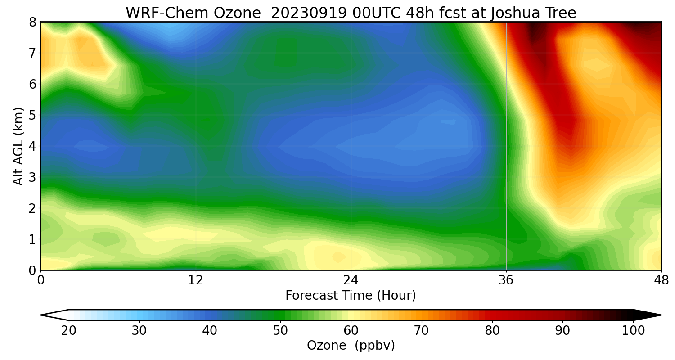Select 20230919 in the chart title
coord(309,13)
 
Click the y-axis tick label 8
coord(32,22)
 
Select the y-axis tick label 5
coord(32,115)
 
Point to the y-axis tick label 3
coord(32,177)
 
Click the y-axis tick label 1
coord(32,239)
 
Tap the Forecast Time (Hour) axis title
coord(351,296)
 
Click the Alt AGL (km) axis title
coord(18,146)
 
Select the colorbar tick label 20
coord(69,331)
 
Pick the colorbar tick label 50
coord(280,331)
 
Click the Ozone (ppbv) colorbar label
coord(351,346)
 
